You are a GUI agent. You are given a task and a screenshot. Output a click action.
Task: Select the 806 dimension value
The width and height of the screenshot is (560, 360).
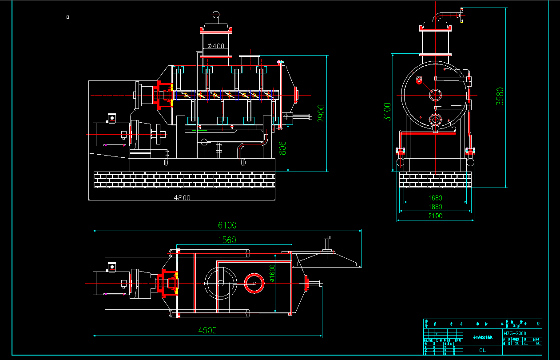[x=283, y=148]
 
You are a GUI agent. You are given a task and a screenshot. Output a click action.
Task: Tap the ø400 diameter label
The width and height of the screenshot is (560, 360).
[x=216, y=46]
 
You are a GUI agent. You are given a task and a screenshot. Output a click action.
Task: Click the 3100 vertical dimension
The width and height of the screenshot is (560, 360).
[x=388, y=112]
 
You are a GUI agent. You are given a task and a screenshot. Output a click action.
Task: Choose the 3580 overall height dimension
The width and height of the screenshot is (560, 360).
[x=500, y=96]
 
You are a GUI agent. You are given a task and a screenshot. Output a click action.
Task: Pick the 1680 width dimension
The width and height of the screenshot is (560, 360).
[x=435, y=198]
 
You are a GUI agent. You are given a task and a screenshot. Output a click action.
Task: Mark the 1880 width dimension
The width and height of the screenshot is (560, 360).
[x=435, y=207]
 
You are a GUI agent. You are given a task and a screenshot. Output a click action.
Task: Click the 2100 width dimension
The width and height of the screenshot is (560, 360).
[x=435, y=216]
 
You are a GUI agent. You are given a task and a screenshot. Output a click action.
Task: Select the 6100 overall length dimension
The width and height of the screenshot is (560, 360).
[x=227, y=225]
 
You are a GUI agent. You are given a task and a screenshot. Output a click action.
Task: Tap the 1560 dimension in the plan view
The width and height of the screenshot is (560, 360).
[x=226, y=240]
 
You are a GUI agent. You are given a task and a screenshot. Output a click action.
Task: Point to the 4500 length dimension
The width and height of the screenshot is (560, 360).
[x=207, y=330]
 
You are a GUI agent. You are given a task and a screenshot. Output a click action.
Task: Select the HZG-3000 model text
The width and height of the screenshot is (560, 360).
[x=515, y=333]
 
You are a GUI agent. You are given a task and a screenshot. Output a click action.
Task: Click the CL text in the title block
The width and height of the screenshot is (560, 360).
[x=482, y=350]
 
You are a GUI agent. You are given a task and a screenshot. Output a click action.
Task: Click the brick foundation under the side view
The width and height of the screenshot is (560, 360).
[x=435, y=180]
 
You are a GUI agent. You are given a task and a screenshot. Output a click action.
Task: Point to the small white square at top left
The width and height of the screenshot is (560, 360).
[x=68, y=17]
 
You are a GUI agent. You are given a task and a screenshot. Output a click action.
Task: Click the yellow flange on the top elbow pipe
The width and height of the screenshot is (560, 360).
[x=462, y=15]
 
